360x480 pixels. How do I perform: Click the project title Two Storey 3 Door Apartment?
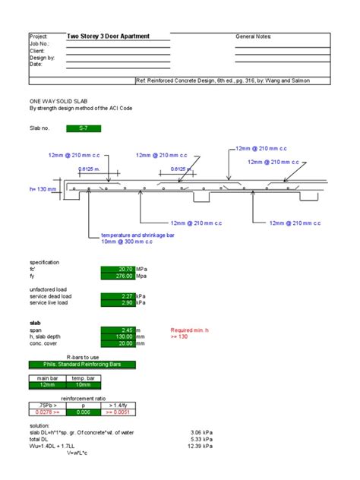(x=108, y=36)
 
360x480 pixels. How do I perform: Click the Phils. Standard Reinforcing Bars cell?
(x=83, y=365)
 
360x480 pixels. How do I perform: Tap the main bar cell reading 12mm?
(x=48, y=384)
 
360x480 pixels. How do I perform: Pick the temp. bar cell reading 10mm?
(x=83, y=384)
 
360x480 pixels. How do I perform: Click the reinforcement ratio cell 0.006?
(x=83, y=412)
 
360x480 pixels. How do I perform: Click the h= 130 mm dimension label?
(x=44, y=189)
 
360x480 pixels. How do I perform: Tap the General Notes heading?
(x=254, y=36)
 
